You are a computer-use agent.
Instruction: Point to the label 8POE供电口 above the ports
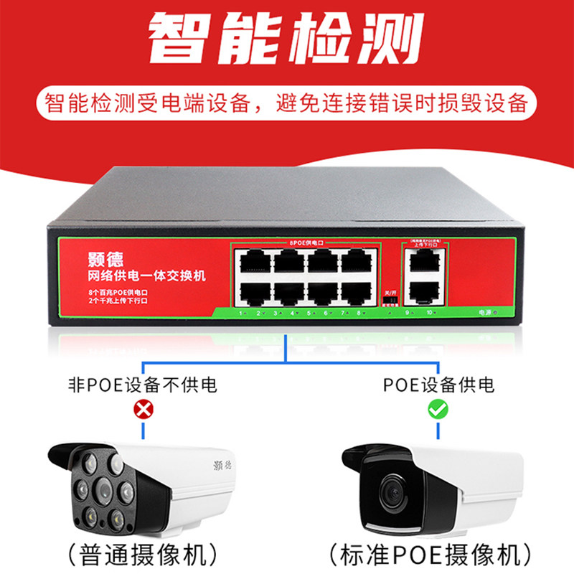[x=306, y=244]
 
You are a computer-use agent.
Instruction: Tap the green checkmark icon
[x=436, y=410]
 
